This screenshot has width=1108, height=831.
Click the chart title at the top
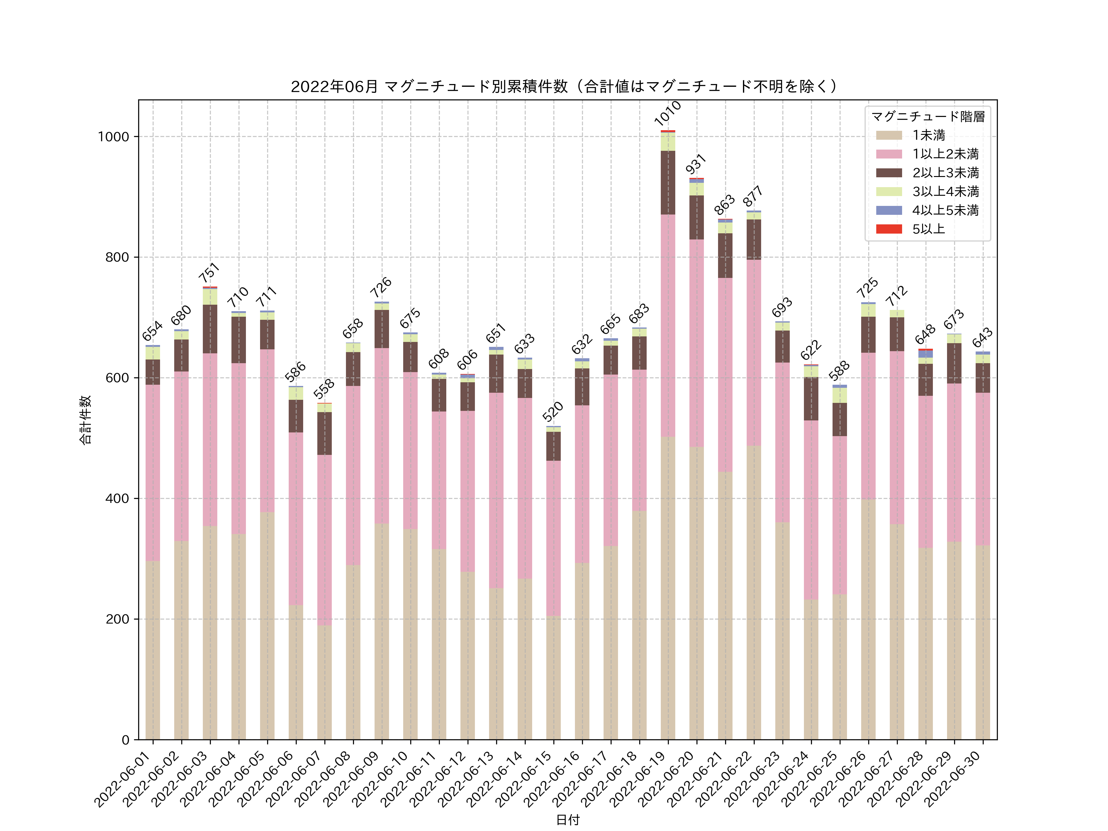pos(564,87)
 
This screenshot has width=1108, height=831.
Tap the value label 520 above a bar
pos(553,412)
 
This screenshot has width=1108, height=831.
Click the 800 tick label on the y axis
pos(117,258)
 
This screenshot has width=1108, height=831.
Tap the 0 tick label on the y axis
pos(125,740)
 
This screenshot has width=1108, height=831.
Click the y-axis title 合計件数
pos(86,420)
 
